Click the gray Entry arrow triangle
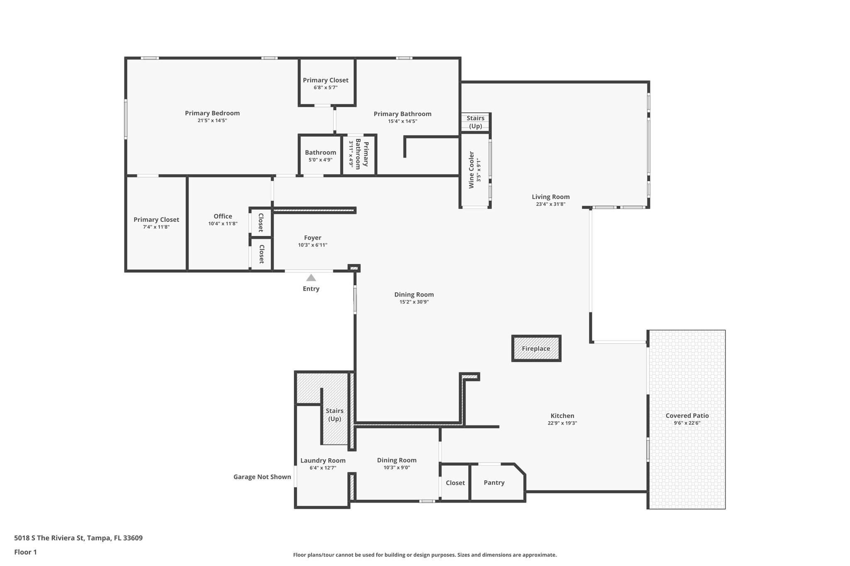(311, 278)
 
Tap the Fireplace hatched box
(536, 349)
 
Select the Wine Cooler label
(471, 170)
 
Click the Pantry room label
(494, 483)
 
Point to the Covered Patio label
(687, 415)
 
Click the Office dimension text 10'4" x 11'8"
(223, 224)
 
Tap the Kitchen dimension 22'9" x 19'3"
(562, 423)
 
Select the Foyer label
(313, 238)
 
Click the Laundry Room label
(323, 460)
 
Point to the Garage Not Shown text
(262, 477)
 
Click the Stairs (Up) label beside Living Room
(475, 122)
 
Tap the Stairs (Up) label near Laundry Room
(335, 415)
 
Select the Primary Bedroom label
(212, 113)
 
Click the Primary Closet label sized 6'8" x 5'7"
(325, 80)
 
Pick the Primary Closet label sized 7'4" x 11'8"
(156, 219)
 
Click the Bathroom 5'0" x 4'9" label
(320, 152)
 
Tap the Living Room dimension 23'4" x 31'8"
(551, 204)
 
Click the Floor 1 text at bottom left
(25, 552)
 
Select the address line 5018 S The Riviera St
(78, 538)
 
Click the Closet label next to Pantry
(455, 483)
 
